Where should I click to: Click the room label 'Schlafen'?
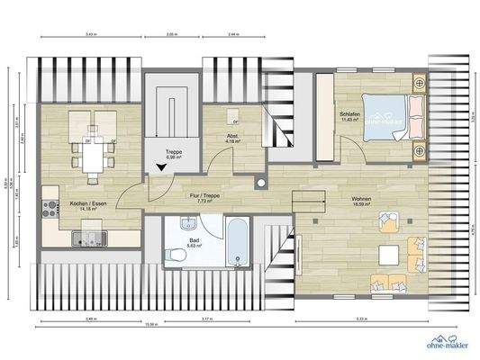(x=350, y=115)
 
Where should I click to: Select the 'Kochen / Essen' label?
(x=86, y=203)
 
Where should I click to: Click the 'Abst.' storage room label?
(x=232, y=136)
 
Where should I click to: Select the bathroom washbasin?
(x=187, y=225)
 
